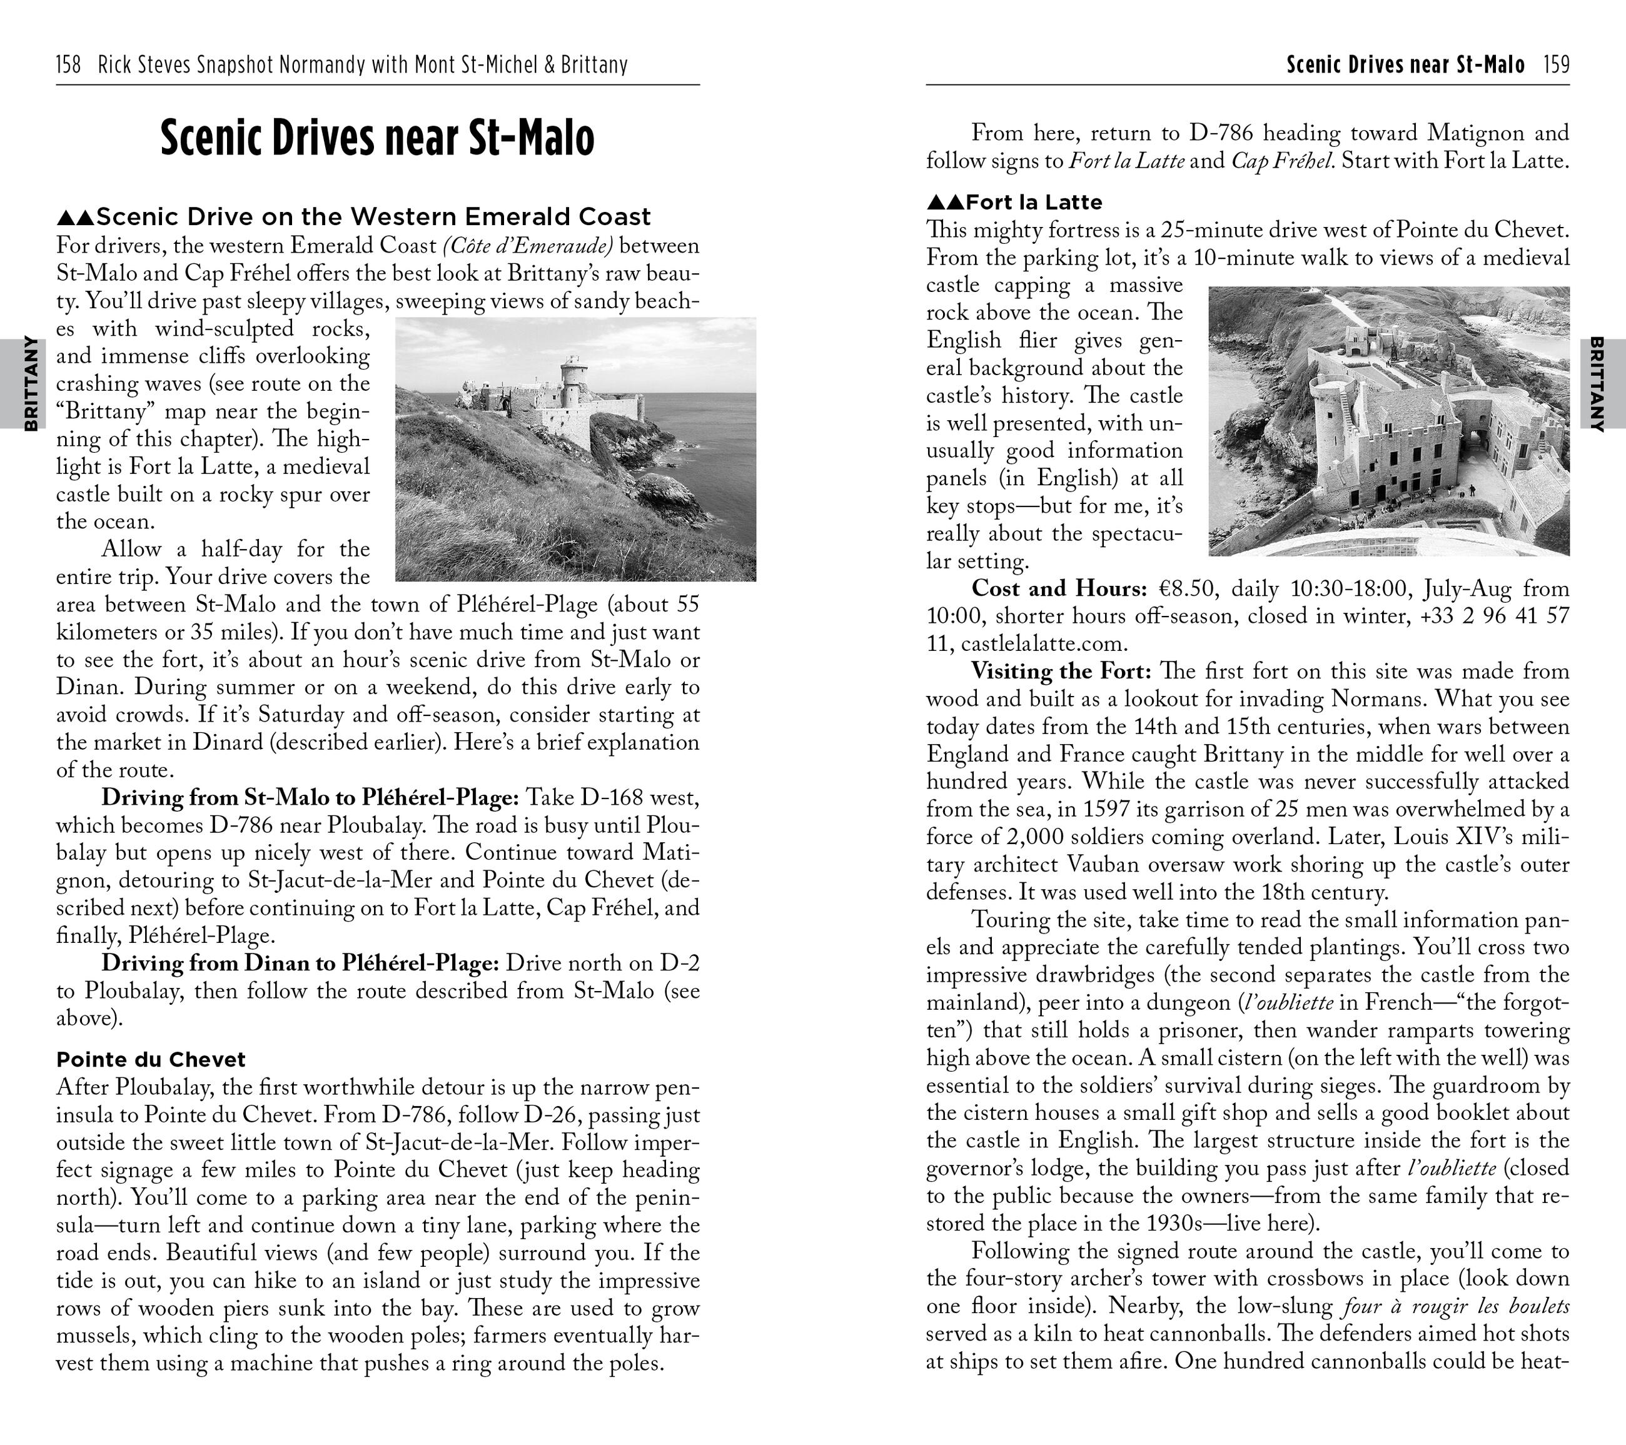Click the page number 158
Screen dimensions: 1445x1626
[x=68, y=64]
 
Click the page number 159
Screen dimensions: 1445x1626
[x=1556, y=64]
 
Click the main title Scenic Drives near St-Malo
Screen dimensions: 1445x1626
[x=377, y=138]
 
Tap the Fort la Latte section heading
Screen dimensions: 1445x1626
[x=1014, y=202]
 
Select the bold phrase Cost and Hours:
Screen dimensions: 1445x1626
[x=1059, y=588]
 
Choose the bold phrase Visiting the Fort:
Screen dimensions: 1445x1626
[x=1061, y=671]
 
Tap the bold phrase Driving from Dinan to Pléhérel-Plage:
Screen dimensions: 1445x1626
[x=300, y=963]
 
